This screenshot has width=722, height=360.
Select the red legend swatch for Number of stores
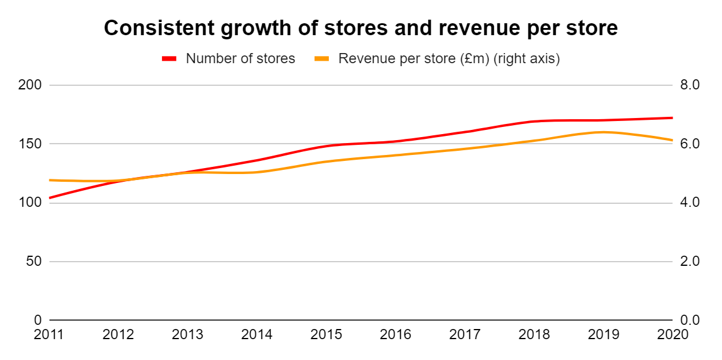[170, 58]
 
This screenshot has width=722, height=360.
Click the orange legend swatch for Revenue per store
[322, 58]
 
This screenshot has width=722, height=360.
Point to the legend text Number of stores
[240, 58]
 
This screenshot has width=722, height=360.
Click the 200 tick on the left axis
[30, 85]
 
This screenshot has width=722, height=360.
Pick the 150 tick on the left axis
[30, 144]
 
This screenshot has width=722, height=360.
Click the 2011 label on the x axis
[49, 335]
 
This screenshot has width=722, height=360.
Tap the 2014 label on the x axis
[257, 335]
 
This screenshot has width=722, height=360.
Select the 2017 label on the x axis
[465, 335]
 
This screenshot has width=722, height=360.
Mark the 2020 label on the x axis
[672, 335]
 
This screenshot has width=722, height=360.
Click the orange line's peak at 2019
[603, 132]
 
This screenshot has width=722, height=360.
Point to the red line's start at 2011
[50, 198]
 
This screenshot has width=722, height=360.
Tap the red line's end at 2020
[672, 118]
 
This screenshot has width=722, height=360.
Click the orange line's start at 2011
[50, 180]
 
